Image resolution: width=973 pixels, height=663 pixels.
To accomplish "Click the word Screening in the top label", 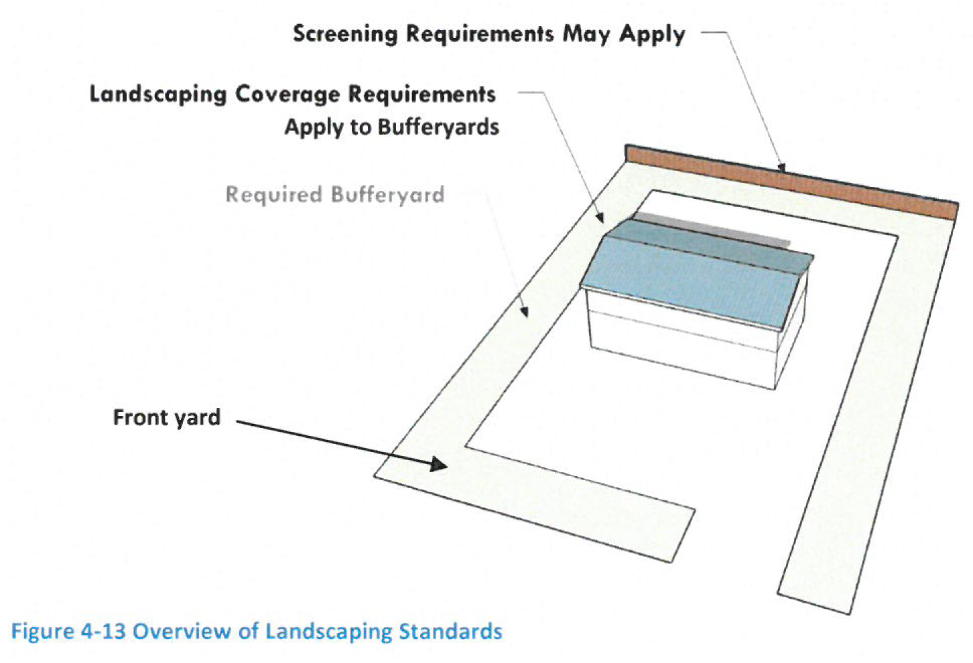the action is click(345, 34).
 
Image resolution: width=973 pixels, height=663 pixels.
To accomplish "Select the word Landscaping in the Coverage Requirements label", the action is click(158, 94).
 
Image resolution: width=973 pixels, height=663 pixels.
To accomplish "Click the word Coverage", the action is click(287, 94).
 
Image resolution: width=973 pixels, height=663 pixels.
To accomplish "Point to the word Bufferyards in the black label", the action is click(438, 127).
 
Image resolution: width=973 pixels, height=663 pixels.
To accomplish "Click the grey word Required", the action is click(274, 195).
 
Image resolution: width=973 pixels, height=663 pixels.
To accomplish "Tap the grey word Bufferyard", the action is click(388, 195).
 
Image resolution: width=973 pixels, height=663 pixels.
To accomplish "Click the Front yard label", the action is click(167, 418).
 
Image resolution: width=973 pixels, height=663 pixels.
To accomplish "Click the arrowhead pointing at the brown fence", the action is click(781, 167).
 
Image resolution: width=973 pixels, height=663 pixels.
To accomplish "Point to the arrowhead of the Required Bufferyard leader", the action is click(524, 311).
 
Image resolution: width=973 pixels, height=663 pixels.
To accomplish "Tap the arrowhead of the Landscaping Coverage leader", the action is click(600, 217).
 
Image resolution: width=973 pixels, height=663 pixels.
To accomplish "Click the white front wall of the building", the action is click(682, 339).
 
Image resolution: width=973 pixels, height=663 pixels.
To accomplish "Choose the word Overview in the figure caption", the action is click(182, 631).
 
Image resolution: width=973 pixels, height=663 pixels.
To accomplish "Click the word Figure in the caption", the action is click(42, 632).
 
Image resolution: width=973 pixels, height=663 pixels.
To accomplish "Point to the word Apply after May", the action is click(652, 35).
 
